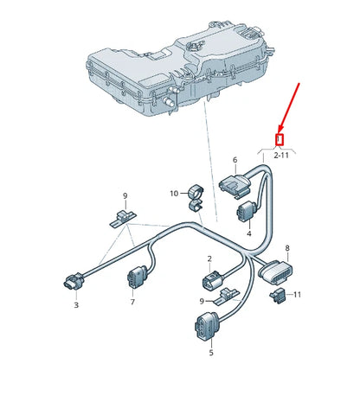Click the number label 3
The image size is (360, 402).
pyautogui.click(x=75, y=304)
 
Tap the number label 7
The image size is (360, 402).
pyautogui.click(x=132, y=303)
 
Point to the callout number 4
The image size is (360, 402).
pyautogui.click(x=248, y=233)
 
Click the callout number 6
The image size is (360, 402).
pyautogui.click(x=234, y=160)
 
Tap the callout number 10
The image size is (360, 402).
pyautogui.click(x=173, y=193)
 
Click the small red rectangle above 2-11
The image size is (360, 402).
pyautogui.click(x=280, y=138)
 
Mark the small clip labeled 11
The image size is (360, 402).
pyautogui.click(x=280, y=297)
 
